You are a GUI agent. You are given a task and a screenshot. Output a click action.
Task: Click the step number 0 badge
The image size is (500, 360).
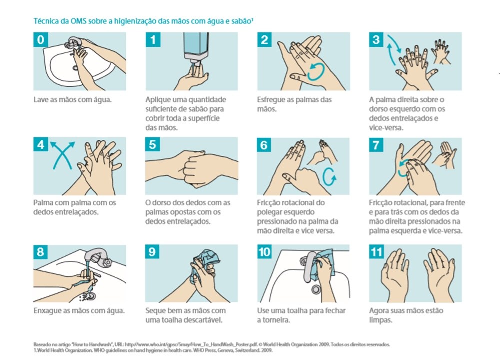pyautogui.click(x=41, y=40)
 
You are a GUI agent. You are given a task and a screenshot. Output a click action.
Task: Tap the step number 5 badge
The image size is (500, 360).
pyautogui.click(x=152, y=145)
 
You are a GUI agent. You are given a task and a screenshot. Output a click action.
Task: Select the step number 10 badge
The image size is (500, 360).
pyautogui.click(x=264, y=252)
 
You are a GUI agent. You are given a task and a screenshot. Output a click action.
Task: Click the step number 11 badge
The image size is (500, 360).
pyautogui.click(x=376, y=252)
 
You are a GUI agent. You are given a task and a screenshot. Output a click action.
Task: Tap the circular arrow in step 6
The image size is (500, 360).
pyautogui.click(x=329, y=176)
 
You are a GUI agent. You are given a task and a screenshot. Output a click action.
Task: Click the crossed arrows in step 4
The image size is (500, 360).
pyautogui.click(x=63, y=155)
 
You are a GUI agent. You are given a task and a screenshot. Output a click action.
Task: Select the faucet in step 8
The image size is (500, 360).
pyautogui.click(x=97, y=256)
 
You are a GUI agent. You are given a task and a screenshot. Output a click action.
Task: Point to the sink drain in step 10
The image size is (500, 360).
pyautogui.click(x=316, y=289)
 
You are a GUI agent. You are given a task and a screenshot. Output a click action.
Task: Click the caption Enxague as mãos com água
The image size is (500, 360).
pyautogui.click(x=79, y=311)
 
